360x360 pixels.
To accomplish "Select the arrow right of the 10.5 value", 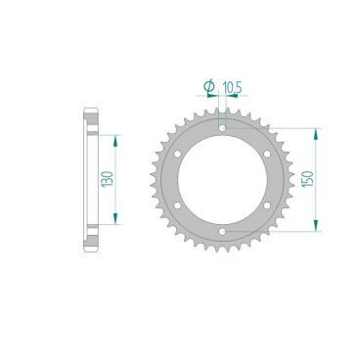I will [244, 97].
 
